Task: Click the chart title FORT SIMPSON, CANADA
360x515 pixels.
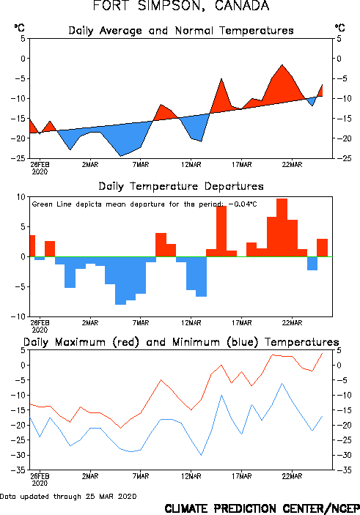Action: tap(181, 6)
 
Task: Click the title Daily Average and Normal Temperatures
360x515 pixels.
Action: tap(181, 31)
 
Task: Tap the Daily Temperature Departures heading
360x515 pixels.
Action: tap(181, 186)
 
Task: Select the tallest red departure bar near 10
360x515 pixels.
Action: tap(282, 228)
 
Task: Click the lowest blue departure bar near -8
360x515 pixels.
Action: tap(120, 281)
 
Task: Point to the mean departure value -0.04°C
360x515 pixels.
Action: tap(243, 204)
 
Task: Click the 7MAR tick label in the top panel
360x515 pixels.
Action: tap(141, 165)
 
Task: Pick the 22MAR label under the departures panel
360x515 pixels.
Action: tap(292, 323)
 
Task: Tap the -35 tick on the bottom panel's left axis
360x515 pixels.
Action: tap(18, 470)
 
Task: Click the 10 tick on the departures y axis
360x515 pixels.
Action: tap(21, 197)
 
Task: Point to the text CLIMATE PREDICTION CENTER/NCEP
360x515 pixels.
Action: tap(262, 508)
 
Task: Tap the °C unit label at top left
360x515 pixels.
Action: tap(19, 28)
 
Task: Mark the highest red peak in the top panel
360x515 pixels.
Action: tap(282, 65)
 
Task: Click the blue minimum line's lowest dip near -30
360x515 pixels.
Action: tap(201, 455)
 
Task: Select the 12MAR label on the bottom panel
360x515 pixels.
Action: tap(191, 476)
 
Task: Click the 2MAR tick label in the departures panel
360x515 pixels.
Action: tap(90, 323)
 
